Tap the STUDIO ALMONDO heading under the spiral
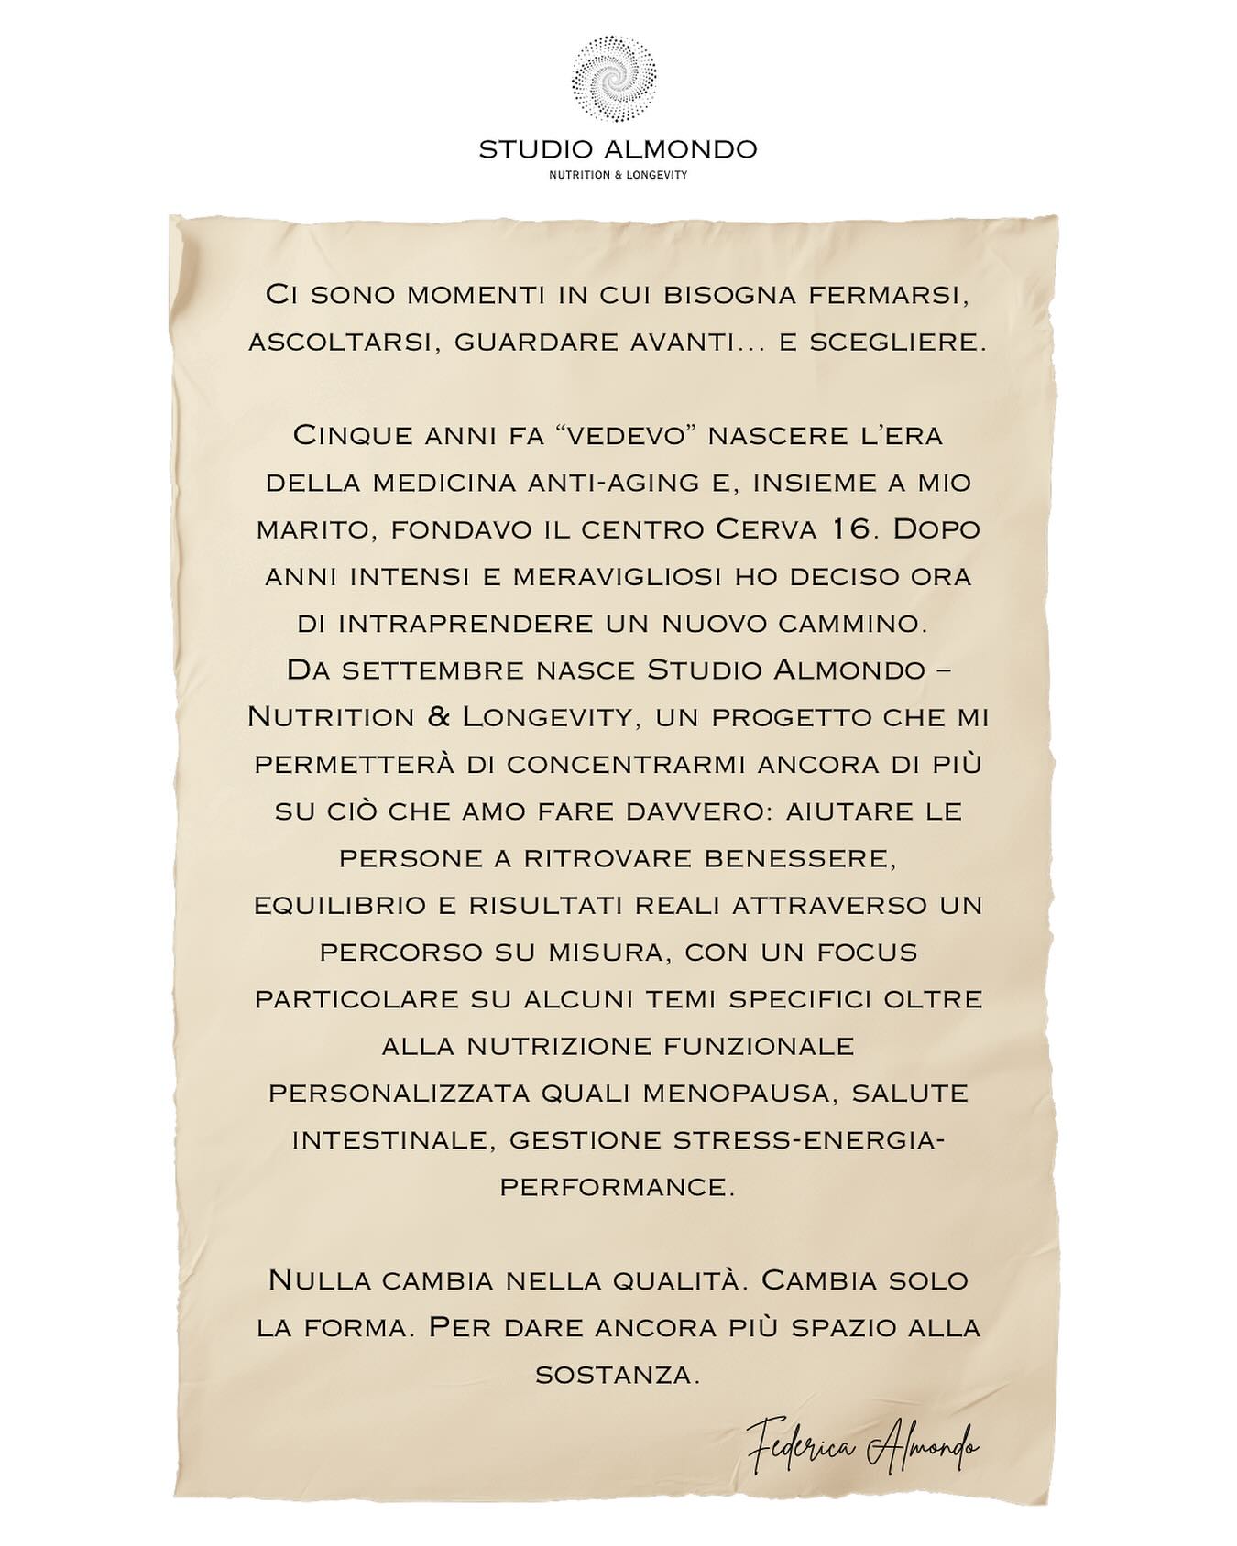pos(618,148)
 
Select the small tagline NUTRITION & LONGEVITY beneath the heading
pos(618,175)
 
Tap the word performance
pos(617,1187)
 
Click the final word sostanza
pos(617,1375)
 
